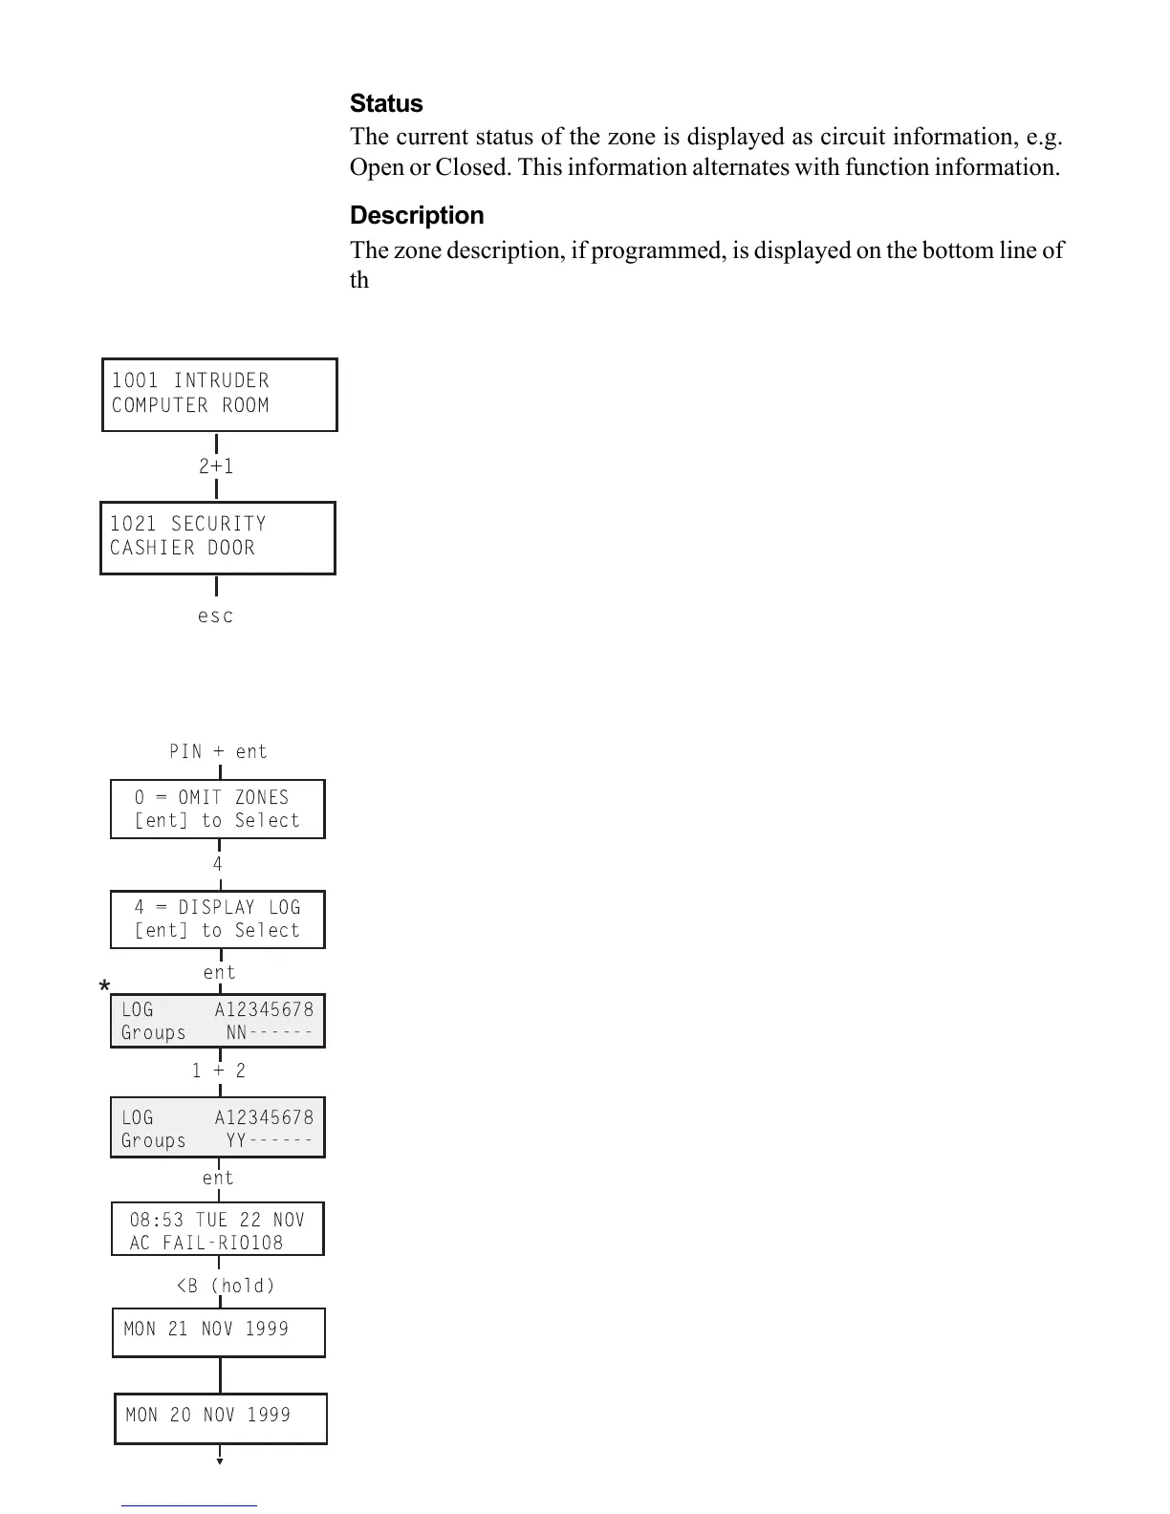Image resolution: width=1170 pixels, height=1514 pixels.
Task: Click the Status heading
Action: pyautogui.click(x=386, y=103)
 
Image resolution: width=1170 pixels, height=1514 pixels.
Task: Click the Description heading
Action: pyautogui.click(x=417, y=215)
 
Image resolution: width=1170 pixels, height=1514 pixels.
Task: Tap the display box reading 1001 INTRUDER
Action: pyautogui.click(x=220, y=395)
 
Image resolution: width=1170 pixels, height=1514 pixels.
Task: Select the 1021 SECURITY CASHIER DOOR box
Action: pyautogui.click(x=218, y=537)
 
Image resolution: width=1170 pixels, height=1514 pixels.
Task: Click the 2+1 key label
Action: pyautogui.click(x=216, y=466)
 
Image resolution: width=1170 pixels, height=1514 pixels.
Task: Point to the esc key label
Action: pyautogui.click(x=216, y=616)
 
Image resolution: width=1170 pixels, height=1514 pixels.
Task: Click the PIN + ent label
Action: pyautogui.click(x=218, y=751)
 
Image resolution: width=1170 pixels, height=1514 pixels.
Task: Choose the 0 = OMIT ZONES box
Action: pyautogui.click(x=218, y=810)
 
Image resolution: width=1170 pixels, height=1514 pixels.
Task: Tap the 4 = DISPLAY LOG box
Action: pyautogui.click(x=218, y=919)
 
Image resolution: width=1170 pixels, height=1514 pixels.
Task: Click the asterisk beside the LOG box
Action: pyautogui.click(x=105, y=987)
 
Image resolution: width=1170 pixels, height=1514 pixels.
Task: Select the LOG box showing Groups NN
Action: pyautogui.click(x=218, y=1021)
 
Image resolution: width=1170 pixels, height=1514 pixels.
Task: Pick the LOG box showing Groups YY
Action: pyautogui.click(x=218, y=1128)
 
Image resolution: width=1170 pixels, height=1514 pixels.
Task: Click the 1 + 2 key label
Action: pyautogui.click(x=219, y=1071)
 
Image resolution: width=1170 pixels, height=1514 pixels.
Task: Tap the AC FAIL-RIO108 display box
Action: pyautogui.click(x=218, y=1229)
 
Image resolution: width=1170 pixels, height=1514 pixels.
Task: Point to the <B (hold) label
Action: pyautogui.click(x=226, y=1286)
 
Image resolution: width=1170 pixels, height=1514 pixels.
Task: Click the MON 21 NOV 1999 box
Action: pyautogui.click(x=219, y=1332)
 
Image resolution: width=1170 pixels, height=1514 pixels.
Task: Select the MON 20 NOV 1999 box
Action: pyautogui.click(x=221, y=1418)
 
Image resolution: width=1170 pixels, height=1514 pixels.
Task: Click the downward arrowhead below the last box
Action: pyautogui.click(x=220, y=1460)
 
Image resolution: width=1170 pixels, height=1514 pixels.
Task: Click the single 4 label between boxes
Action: pyautogui.click(x=218, y=864)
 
